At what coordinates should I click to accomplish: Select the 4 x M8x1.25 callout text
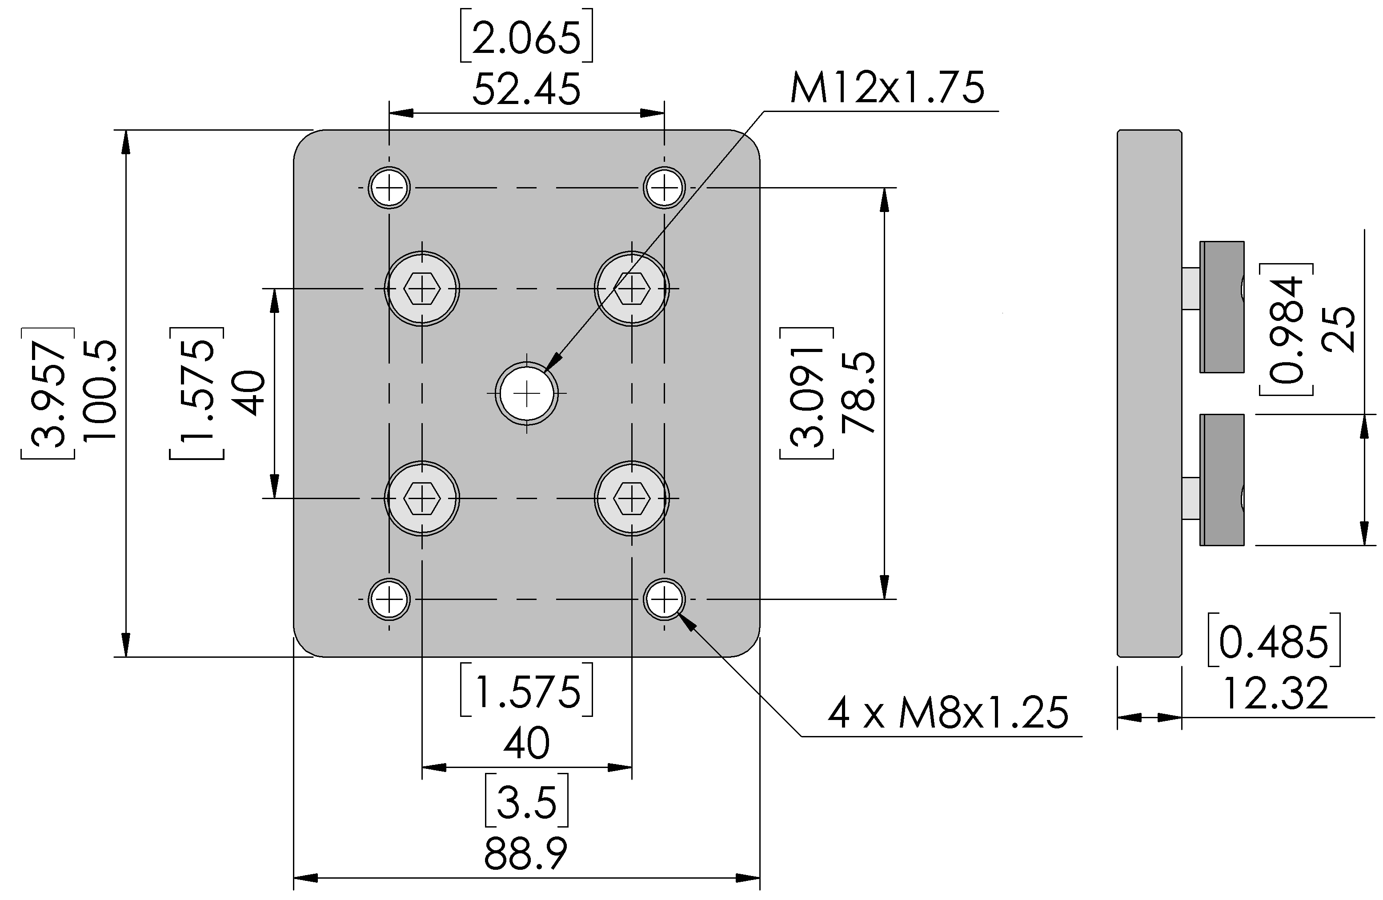pyautogui.click(x=948, y=712)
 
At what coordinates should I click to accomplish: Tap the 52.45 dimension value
pyautogui.click(x=526, y=89)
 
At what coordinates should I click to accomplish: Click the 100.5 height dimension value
pyautogui.click(x=100, y=391)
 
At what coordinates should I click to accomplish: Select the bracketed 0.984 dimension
pyautogui.click(x=1287, y=329)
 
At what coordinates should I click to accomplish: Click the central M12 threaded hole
pyautogui.click(x=526, y=393)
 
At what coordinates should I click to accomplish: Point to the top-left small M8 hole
pyautogui.click(x=389, y=188)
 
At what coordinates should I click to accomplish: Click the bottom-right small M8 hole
pyautogui.click(x=664, y=599)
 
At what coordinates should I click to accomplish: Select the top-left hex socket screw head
pyautogui.click(x=422, y=288)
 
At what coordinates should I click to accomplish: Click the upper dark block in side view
pyautogui.click(x=1222, y=307)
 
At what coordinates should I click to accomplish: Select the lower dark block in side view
pyautogui.click(x=1222, y=480)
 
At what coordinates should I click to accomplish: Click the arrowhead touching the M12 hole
pyautogui.click(x=553, y=361)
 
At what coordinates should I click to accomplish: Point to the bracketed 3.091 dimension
pyautogui.click(x=806, y=393)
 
